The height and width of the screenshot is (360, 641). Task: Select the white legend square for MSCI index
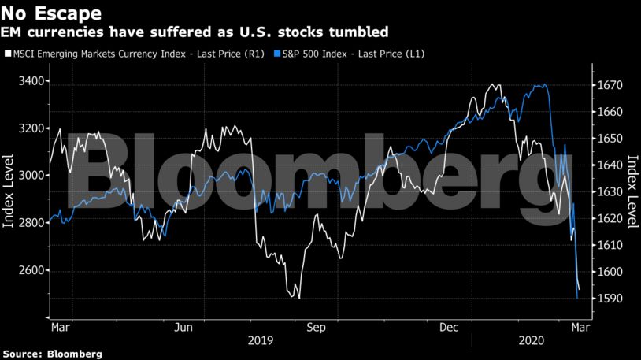coord(8,54)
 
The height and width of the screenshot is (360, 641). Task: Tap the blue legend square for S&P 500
coord(277,54)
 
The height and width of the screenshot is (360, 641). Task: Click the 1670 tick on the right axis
coord(609,85)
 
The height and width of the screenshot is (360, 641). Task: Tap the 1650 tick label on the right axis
coord(609,139)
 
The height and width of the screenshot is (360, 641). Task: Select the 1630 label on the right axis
coord(609,192)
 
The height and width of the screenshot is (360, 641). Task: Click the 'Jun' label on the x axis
coord(184,325)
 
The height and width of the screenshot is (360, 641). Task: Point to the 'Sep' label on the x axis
coord(316,325)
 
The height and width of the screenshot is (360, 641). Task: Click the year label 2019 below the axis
coord(260,340)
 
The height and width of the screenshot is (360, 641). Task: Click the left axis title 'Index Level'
coord(9,192)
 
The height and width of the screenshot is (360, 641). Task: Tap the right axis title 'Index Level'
coord(632,192)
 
